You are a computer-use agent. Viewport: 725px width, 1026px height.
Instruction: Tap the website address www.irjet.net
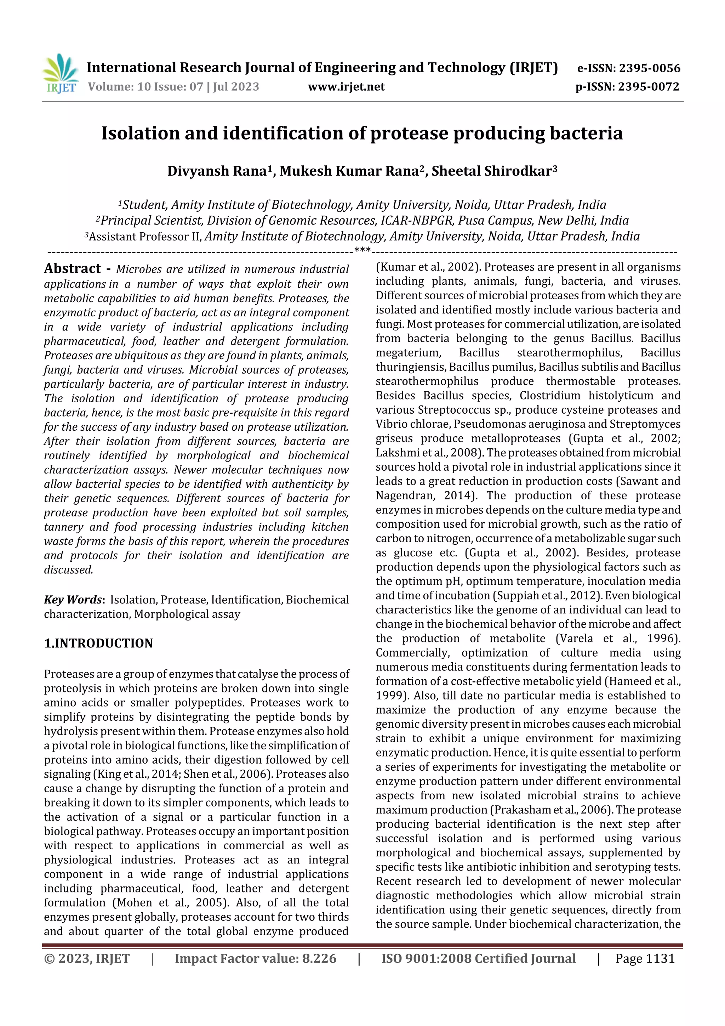click(346, 87)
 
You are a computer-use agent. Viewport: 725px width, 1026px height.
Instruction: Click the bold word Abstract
click(72, 268)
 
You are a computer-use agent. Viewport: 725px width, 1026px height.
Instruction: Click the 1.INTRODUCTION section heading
click(98, 643)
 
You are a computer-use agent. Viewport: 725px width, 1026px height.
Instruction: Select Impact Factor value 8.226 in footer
click(255, 958)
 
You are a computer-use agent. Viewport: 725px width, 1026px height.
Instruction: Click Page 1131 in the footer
click(645, 958)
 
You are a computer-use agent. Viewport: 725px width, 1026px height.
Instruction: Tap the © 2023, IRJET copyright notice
click(87, 958)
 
